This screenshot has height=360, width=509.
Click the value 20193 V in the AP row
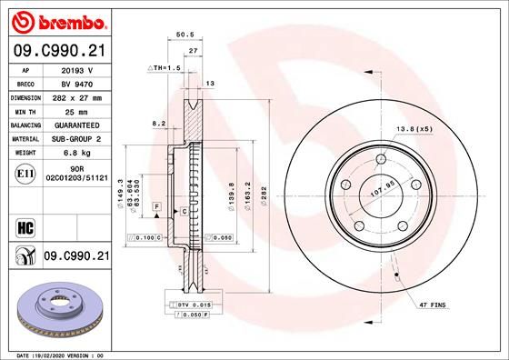[77, 68]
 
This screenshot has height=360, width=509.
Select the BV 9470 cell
[77, 82]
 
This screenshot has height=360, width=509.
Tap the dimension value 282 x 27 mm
[77, 96]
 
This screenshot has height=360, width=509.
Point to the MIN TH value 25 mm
[77, 110]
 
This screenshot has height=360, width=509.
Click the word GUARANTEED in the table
[77, 125]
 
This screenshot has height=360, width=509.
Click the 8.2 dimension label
[159, 123]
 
